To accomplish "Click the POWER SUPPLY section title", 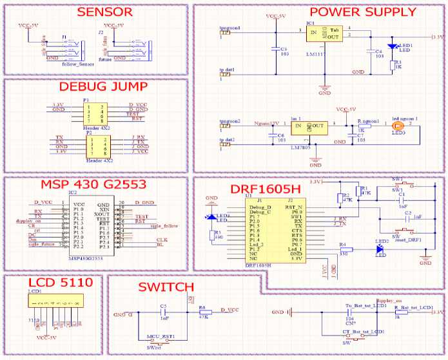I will tap(362, 12).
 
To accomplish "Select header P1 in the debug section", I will tap(95, 111).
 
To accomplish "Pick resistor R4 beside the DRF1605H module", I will tap(344, 249).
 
